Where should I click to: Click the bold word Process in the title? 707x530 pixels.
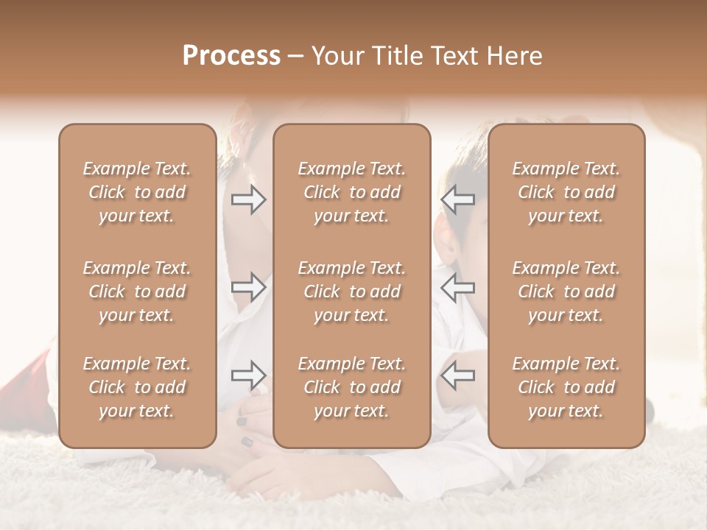click(231, 56)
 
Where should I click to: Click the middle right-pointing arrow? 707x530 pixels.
click(248, 287)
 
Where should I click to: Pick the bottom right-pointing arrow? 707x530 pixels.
click(248, 375)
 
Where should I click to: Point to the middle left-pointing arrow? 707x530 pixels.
click(457, 287)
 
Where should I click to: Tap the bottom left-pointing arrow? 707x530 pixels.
click(457, 375)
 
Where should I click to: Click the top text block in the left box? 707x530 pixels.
click(137, 192)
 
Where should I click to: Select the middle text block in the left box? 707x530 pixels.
click(137, 291)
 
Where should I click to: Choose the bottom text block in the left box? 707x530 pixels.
click(137, 387)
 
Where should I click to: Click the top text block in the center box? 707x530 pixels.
click(352, 192)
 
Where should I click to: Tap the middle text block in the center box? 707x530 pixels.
click(352, 291)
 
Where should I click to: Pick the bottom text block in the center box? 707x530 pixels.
click(352, 387)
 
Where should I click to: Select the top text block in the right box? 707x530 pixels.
click(566, 192)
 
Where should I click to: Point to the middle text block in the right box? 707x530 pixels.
click(566, 291)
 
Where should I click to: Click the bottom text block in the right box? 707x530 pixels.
click(566, 387)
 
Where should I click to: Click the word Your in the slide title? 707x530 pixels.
click(336, 56)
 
